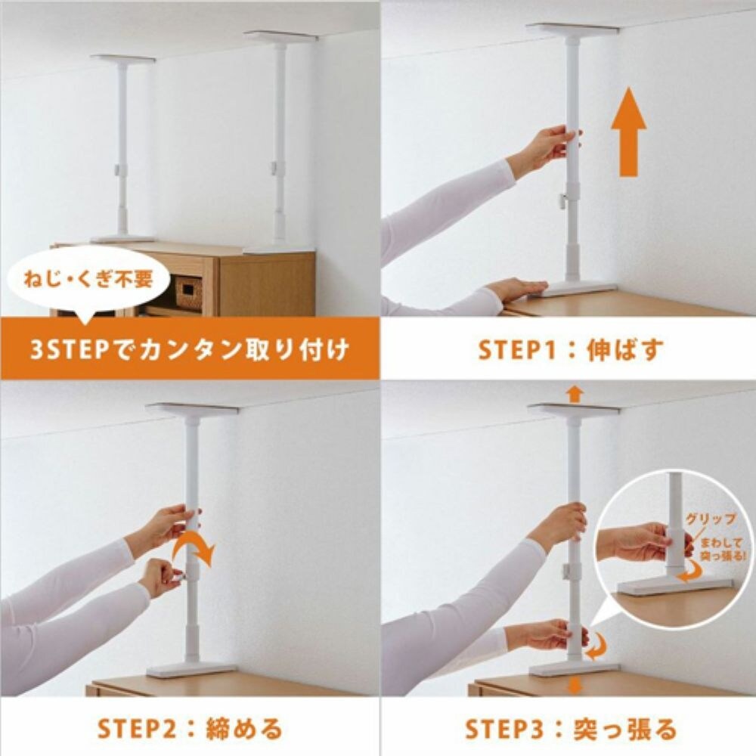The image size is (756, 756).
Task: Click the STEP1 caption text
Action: [571, 350]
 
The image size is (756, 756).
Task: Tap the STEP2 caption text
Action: [189, 729]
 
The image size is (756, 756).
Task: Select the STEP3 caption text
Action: [571, 729]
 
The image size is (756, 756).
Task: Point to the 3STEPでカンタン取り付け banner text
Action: [189, 350]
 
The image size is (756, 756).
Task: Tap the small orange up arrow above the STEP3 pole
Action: [575, 393]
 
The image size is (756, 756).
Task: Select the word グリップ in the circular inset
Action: [706, 520]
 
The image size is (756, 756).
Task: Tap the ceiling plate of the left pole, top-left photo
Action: [122, 58]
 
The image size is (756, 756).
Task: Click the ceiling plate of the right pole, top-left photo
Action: [280, 36]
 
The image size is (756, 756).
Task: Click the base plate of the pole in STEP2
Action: [191, 669]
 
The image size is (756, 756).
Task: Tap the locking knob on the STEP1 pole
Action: [564, 200]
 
